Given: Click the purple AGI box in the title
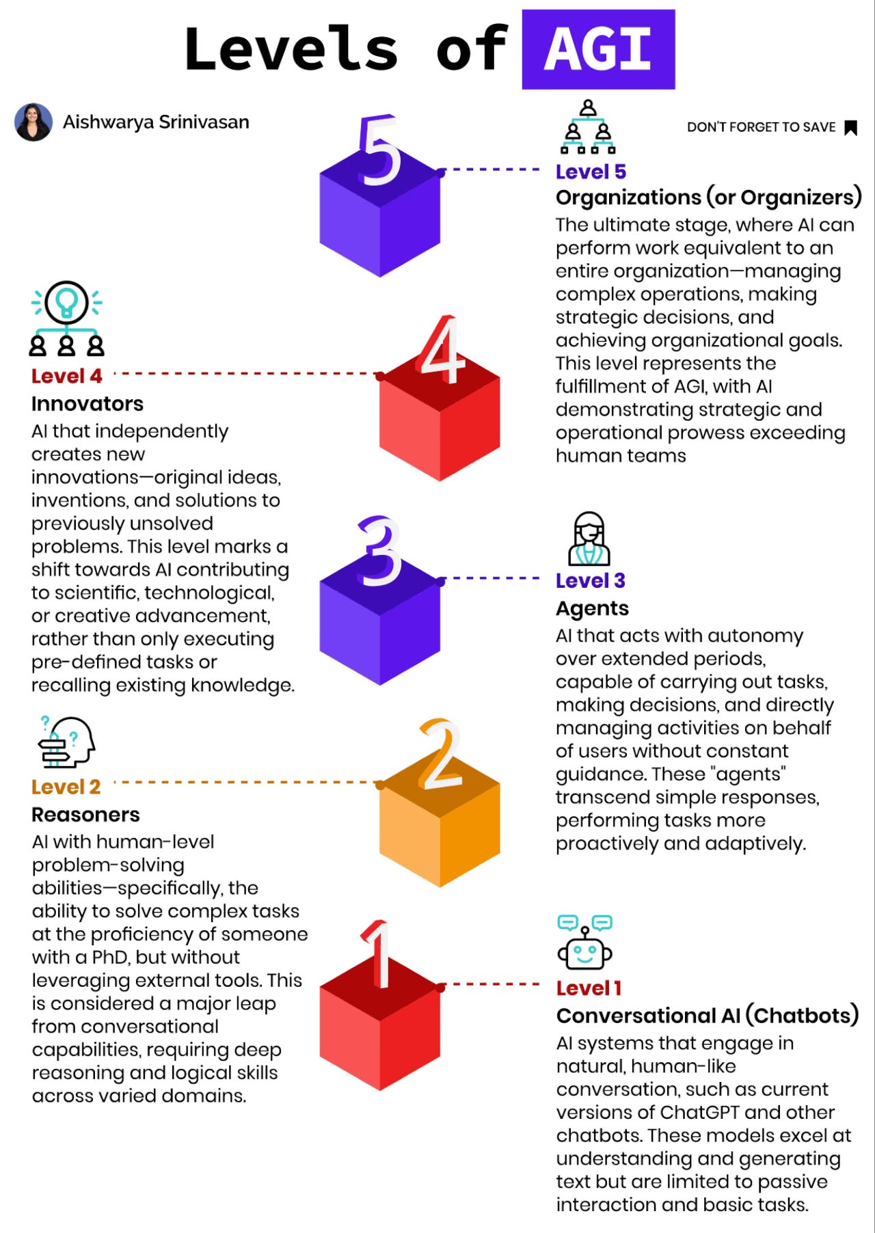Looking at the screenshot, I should (x=598, y=49).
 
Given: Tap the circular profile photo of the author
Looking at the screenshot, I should (x=33, y=122).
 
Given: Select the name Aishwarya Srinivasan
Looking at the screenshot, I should (x=156, y=122).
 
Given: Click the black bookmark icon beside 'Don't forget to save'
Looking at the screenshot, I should (x=850, y=128).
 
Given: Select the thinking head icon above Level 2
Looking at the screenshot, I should (x=66, y=742).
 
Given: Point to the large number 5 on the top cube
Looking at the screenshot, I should (x=379, y=150).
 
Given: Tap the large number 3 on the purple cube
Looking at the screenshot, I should (x=380, y=551).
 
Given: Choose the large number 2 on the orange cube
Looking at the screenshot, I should (x=440, y=755).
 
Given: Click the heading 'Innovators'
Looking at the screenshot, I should (x=87, y=404).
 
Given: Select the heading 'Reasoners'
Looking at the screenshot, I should (x=85, y=815).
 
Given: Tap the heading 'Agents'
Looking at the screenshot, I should (x=592, y=608).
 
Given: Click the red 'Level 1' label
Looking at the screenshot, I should (x=589, y=988).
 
